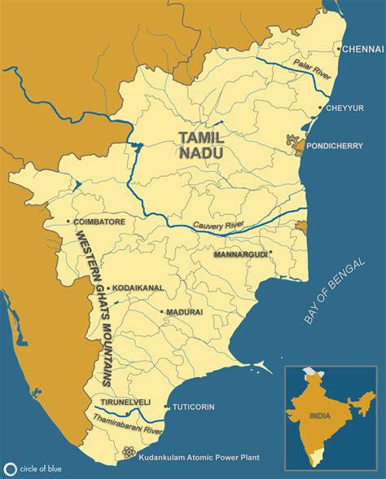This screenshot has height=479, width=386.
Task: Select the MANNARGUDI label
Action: [x=240, y=255]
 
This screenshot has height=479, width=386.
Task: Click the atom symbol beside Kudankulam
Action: [x=128, y=452]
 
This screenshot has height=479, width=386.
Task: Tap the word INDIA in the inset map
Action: [x=322, y=415]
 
